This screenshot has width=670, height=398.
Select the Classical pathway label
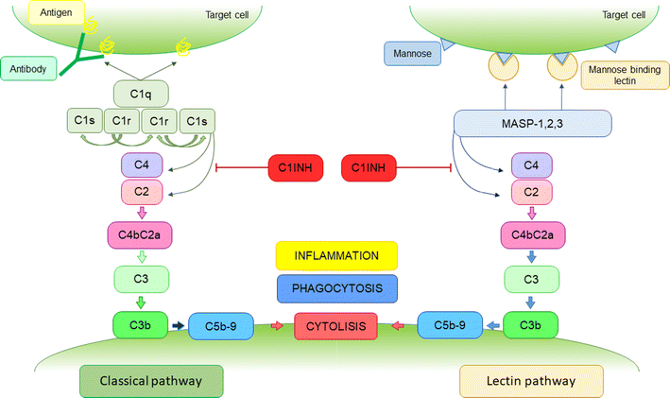(x=153, y=380)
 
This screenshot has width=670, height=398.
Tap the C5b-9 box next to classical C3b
(x=219, y=327)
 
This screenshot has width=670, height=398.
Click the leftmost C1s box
(x=81, y=121)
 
